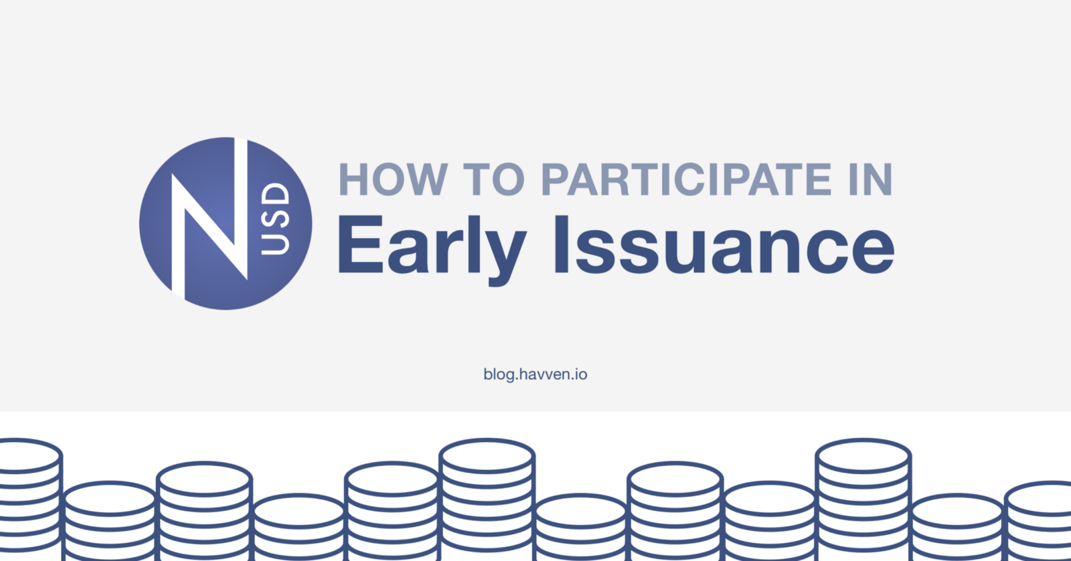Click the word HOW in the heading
pyautogui.click(x=392, y=179)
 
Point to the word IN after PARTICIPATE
pyautogui.click(x=871, y=179)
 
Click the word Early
pyautogui.click(x=432, y=249)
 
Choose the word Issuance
pyautogui.click(x=724, y=245)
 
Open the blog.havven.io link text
pyautogui.click(x=535, y=374)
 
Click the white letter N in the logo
pyautogui.click(x=210, y=219)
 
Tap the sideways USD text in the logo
pyautogui.click(x=276, y=219)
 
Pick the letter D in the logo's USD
pyautogui.click(x=276, y=195)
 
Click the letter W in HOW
pyautogui.click(x=424, y=179)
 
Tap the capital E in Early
pyautogui.click(x=361, y=245)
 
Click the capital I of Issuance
pyautogui.click(x=561, y=245)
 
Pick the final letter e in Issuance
pyautogui.click(x=873, y=251)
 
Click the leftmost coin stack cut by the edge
pyautogui.click(x=30, y=499)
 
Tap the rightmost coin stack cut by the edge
pyautogui.click(x=1038, y=521)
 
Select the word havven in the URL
pyautogui.click(x=546, y=374)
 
